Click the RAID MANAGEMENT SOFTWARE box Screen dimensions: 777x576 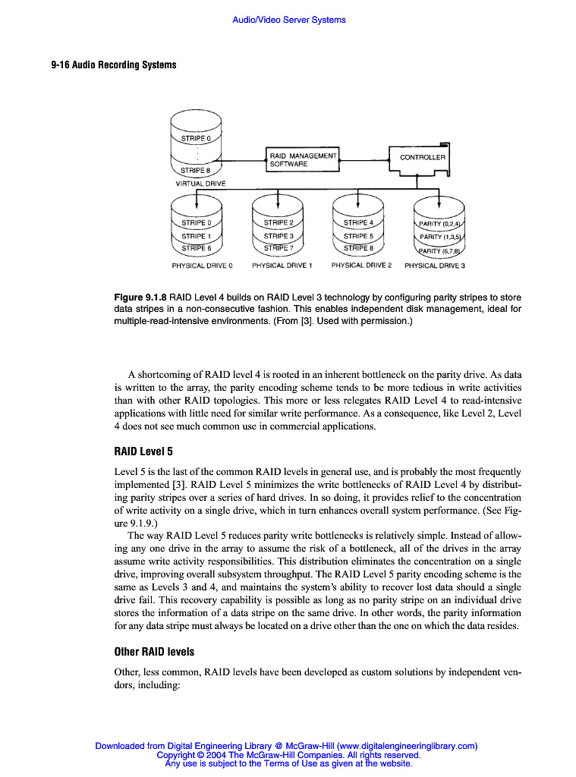pyautogui.click(x=301, y=159)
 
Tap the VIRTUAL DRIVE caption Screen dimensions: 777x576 pyautogui.click(x=196, y=184)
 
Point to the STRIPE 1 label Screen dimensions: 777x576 pyautogui.click(x=197, y=235)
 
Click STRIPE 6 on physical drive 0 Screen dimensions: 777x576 pyautogui.click(x=197, y=248)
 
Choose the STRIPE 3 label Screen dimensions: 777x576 pyautogui.click(x=278, y=235)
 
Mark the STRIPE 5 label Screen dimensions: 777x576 pyautogui.click(x=358, y=235)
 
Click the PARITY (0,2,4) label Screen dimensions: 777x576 pyautogui.click(x=440, y=224)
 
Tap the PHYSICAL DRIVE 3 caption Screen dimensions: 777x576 pyautogui.click(x=435, y=266)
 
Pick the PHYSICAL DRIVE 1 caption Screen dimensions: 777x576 pyautogui.click(x=279, y=266)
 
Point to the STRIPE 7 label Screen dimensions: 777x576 pyautogui.click(x=278, y=248)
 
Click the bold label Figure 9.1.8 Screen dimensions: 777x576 pyautogui.click(x=140, y=297)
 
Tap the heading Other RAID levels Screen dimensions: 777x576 pyautogui.click(x=154, y=652)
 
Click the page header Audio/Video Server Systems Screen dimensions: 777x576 pyautogui.click(x=288, y=20)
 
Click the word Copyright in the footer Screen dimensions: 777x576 pyautogui.click(x=175, y=755)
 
